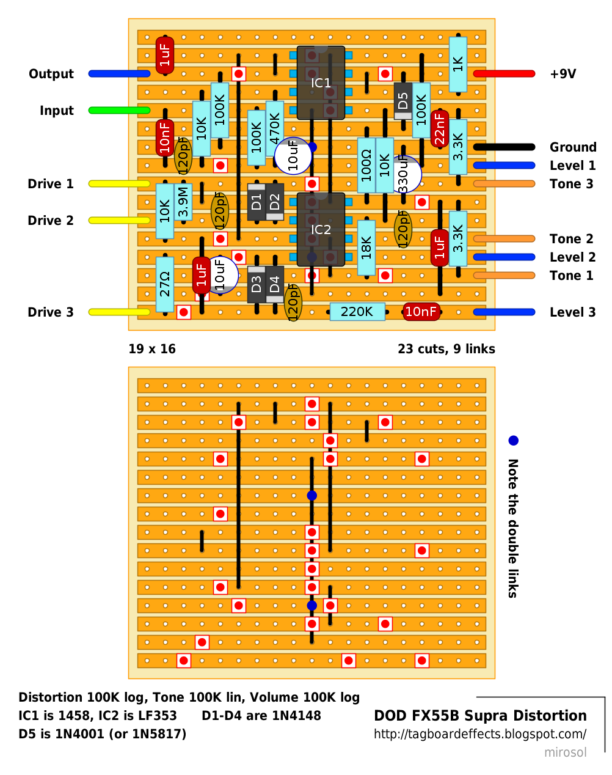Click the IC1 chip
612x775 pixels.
point(321,83)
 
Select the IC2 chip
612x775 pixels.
point(321,230)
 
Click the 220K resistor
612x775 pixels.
point(357,312)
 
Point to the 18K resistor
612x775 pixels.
point(366,248)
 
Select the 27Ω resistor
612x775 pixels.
point(165,284)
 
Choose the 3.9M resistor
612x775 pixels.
point(183,202)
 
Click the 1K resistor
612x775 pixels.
point(458,64)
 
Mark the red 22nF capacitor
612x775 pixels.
point(440,129)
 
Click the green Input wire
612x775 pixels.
point(119,111)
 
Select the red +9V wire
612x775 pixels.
point(504,74)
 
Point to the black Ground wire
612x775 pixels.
point(504,147)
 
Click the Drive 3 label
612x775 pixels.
point(51,312)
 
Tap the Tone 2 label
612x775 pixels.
point(571,239)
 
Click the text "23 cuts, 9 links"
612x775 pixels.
point(446,349)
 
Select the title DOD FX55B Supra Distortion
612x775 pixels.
point(480,716)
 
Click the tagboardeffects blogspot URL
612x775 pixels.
point(480,734)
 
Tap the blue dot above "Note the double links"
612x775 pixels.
point(513,441)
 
